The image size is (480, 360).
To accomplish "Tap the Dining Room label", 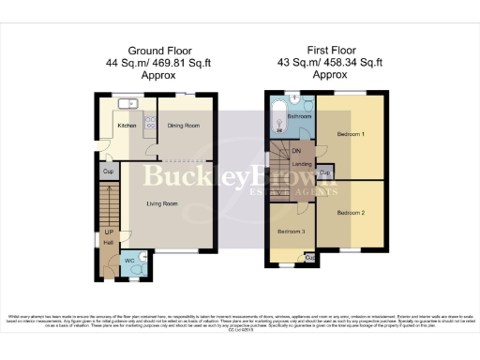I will coord(185,124).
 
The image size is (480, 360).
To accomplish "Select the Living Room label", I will coord(162,200).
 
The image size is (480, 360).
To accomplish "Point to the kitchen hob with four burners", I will coord(149,123).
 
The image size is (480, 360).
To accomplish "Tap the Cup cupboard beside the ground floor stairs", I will coord(108,172).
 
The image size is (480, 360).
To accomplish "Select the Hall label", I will coord(109,243).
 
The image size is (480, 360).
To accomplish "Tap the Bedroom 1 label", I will coord(351,134).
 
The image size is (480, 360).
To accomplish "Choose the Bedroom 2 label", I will coord(351,214).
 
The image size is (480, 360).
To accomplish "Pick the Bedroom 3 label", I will coord(291,231).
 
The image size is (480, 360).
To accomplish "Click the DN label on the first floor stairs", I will coord(296,150).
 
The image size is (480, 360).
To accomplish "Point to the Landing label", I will coord(302,164).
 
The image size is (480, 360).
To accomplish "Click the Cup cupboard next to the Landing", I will coord(324,172).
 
